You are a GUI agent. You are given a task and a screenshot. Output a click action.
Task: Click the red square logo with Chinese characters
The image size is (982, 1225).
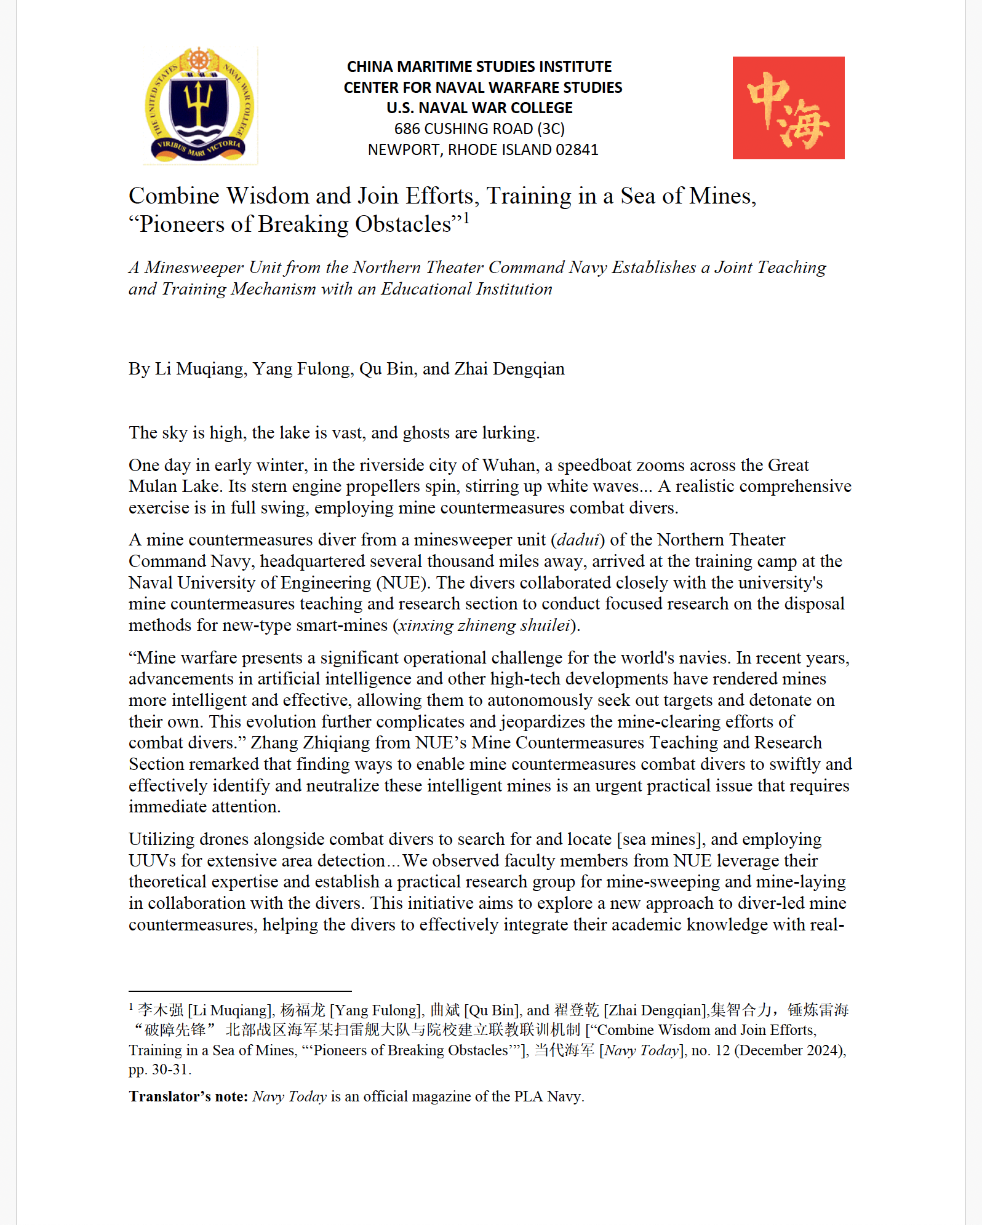tap(788, 108)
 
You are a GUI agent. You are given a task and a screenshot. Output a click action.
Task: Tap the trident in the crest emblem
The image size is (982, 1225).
tap(199, 101)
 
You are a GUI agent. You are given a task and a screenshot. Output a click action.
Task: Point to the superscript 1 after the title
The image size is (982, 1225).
tap(466, 218)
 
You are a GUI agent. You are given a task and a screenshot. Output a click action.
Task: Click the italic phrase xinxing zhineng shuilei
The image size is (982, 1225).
tap(484, 625)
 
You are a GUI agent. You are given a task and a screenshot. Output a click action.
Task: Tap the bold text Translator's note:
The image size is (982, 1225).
tap(188, 1096)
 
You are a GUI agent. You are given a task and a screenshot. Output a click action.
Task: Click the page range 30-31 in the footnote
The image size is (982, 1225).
tap(170, 1069)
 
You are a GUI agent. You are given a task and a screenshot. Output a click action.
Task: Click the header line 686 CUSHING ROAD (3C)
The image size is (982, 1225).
tap(479, 129)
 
